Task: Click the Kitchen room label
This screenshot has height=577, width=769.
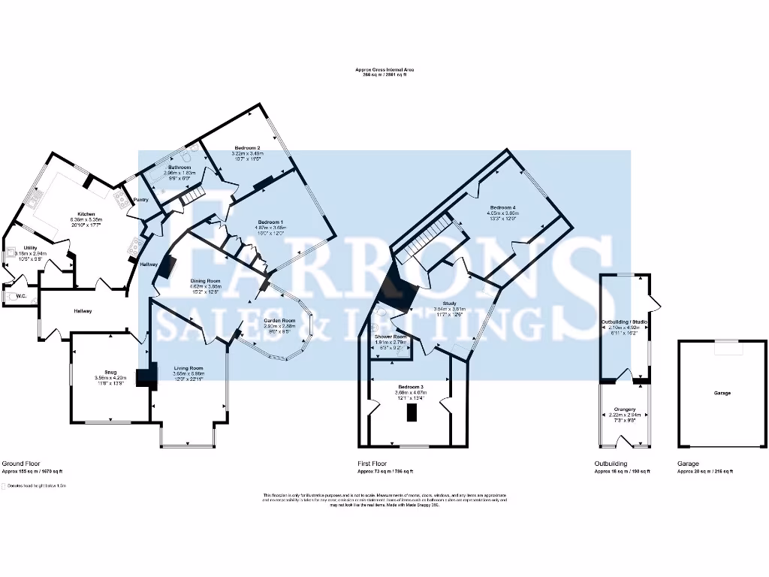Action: coord(87,213)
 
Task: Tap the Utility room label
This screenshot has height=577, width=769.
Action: coord(31,248)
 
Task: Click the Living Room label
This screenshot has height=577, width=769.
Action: coord(188,367)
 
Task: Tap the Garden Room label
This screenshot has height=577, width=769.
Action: coord(278,321)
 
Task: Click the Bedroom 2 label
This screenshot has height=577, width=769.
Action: coord(247,148)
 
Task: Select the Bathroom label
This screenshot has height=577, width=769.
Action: coord(179,167)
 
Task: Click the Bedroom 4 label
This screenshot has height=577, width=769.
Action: coord(503,207)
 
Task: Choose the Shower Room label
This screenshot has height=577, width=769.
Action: coord(391,337)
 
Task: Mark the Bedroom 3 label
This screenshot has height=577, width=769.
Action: coord(411,386)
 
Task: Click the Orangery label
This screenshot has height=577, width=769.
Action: coord(625,409)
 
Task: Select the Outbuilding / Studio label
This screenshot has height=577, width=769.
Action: coord(625,322)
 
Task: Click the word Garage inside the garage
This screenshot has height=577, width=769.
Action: coord(722,393)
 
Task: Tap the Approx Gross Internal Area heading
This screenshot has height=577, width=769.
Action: coord(384,69)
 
